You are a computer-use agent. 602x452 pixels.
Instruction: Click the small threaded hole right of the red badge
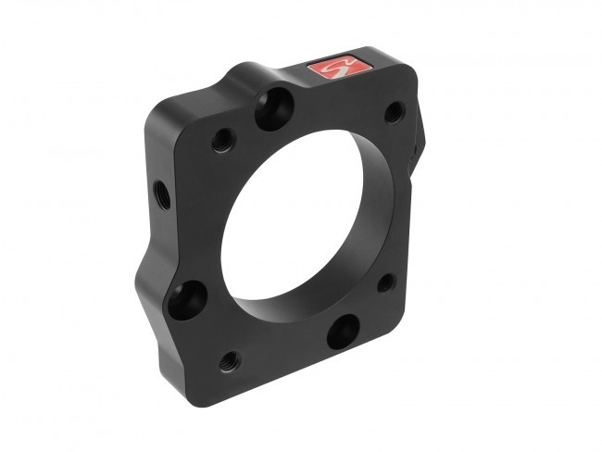pos(394,112)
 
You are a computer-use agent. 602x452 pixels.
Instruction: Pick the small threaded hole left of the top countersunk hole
pos(222,140)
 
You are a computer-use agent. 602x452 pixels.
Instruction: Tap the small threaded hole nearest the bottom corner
pos(230,360)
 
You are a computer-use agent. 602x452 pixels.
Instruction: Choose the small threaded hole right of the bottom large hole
pos(386,282)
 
